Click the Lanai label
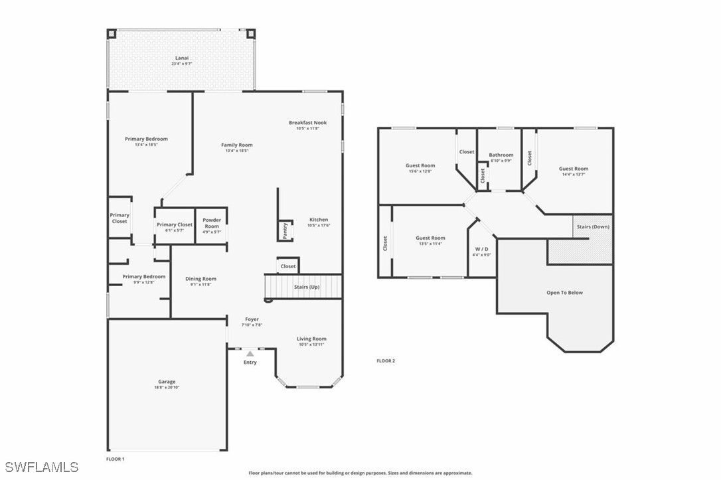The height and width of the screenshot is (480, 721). pyautogui.click(x=181, y=58)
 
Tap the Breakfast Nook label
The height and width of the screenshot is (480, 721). pyautogui.click(x=307, y=122)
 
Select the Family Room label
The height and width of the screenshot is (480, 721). pyautogui.click(x=236, y=145)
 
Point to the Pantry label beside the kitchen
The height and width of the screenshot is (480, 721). pyautogui.click(x=285, y=230)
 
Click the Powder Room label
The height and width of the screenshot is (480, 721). pyautogui.click(x=212, y=223)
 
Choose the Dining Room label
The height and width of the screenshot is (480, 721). pyautogui.click(x=200, y=279)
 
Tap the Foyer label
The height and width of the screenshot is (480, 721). pyautogui.click(x=252, y=319)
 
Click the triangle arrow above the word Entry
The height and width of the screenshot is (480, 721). pyautogui.click(x=250, y=354)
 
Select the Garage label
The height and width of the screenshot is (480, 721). pyautogui.click(x=167, y=382)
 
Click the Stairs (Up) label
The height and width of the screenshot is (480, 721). pyautogui.click(x=307, y=287)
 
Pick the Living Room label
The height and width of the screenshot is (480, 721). pyautogui.click(x=311, y=339)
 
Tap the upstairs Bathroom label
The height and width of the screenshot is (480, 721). pyautogui.click(x=501, y=155)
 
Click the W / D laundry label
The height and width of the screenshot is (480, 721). pyautogui.click(x=481, y=249)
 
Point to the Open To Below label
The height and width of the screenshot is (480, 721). pyautogui.click(x=564, y=292)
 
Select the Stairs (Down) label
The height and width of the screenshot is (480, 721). pyautogui.click(x=593, y=226)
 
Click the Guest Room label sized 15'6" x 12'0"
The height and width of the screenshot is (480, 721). pyautogui.click(x=420, y=165)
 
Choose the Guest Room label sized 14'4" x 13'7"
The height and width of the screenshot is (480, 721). pyautogui.click(x=573, y=169)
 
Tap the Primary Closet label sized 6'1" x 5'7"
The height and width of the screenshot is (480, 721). pyautogui.click(x=175, y=224)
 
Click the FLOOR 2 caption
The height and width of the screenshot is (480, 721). pyautogui.click(x=386, y=361)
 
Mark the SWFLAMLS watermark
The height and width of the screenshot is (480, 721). pyautogui.click(x=40, y=467)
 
